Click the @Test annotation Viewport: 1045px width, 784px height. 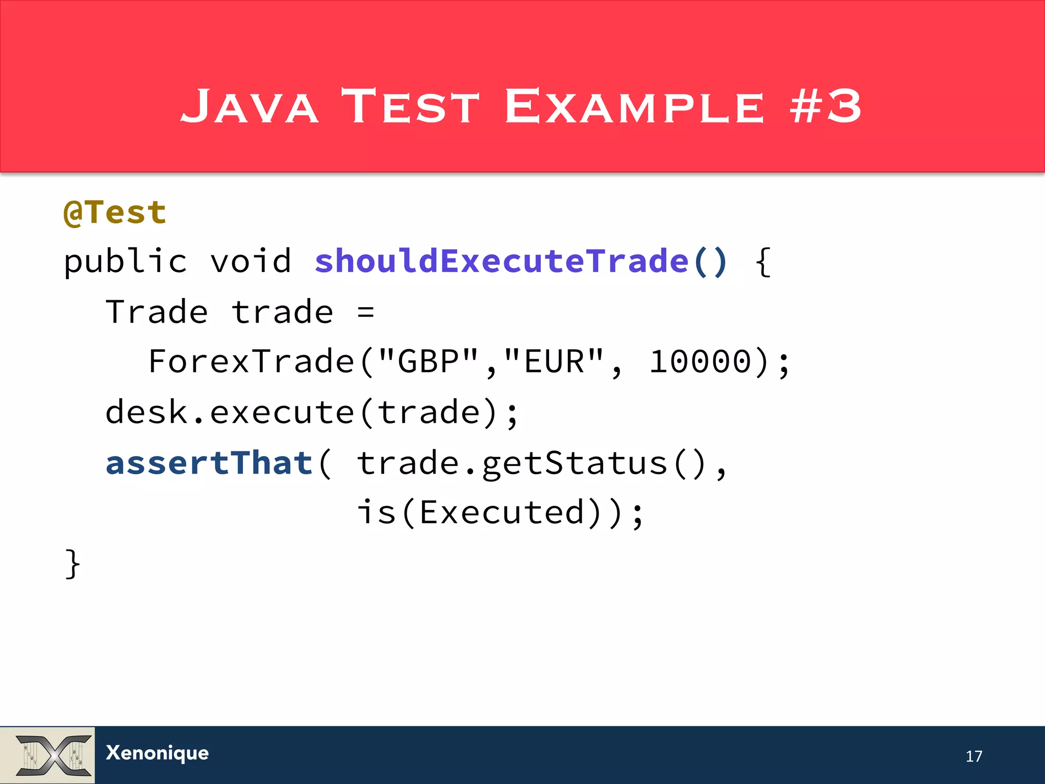pyautogui.click(x=115, y=212)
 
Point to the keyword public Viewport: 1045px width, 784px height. pyautogui.click(x=125, y=261)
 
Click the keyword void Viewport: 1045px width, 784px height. pyautogui.click(x=251, y=261)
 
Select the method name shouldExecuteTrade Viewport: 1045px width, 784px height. pyautogui.click(x=502, y=261)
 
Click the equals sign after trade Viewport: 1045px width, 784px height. pyautogui.click(x=365, y=312)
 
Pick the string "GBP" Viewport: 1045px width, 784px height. pyautogui.click(x=428, y=362)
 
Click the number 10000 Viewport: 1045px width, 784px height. pyautogui.click(x=700, y=362)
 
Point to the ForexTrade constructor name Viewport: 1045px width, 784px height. pyautogui.click(x=251, y=362)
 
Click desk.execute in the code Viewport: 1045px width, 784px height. pyautogui.click(x=230, y=412)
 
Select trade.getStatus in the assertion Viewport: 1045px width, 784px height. pyautogui.click(x=512, y=463)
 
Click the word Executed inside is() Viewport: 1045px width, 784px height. pyautogui.click(x=502, y=512)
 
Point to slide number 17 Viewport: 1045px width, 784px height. pyautogui.click(x=974, y=756)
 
